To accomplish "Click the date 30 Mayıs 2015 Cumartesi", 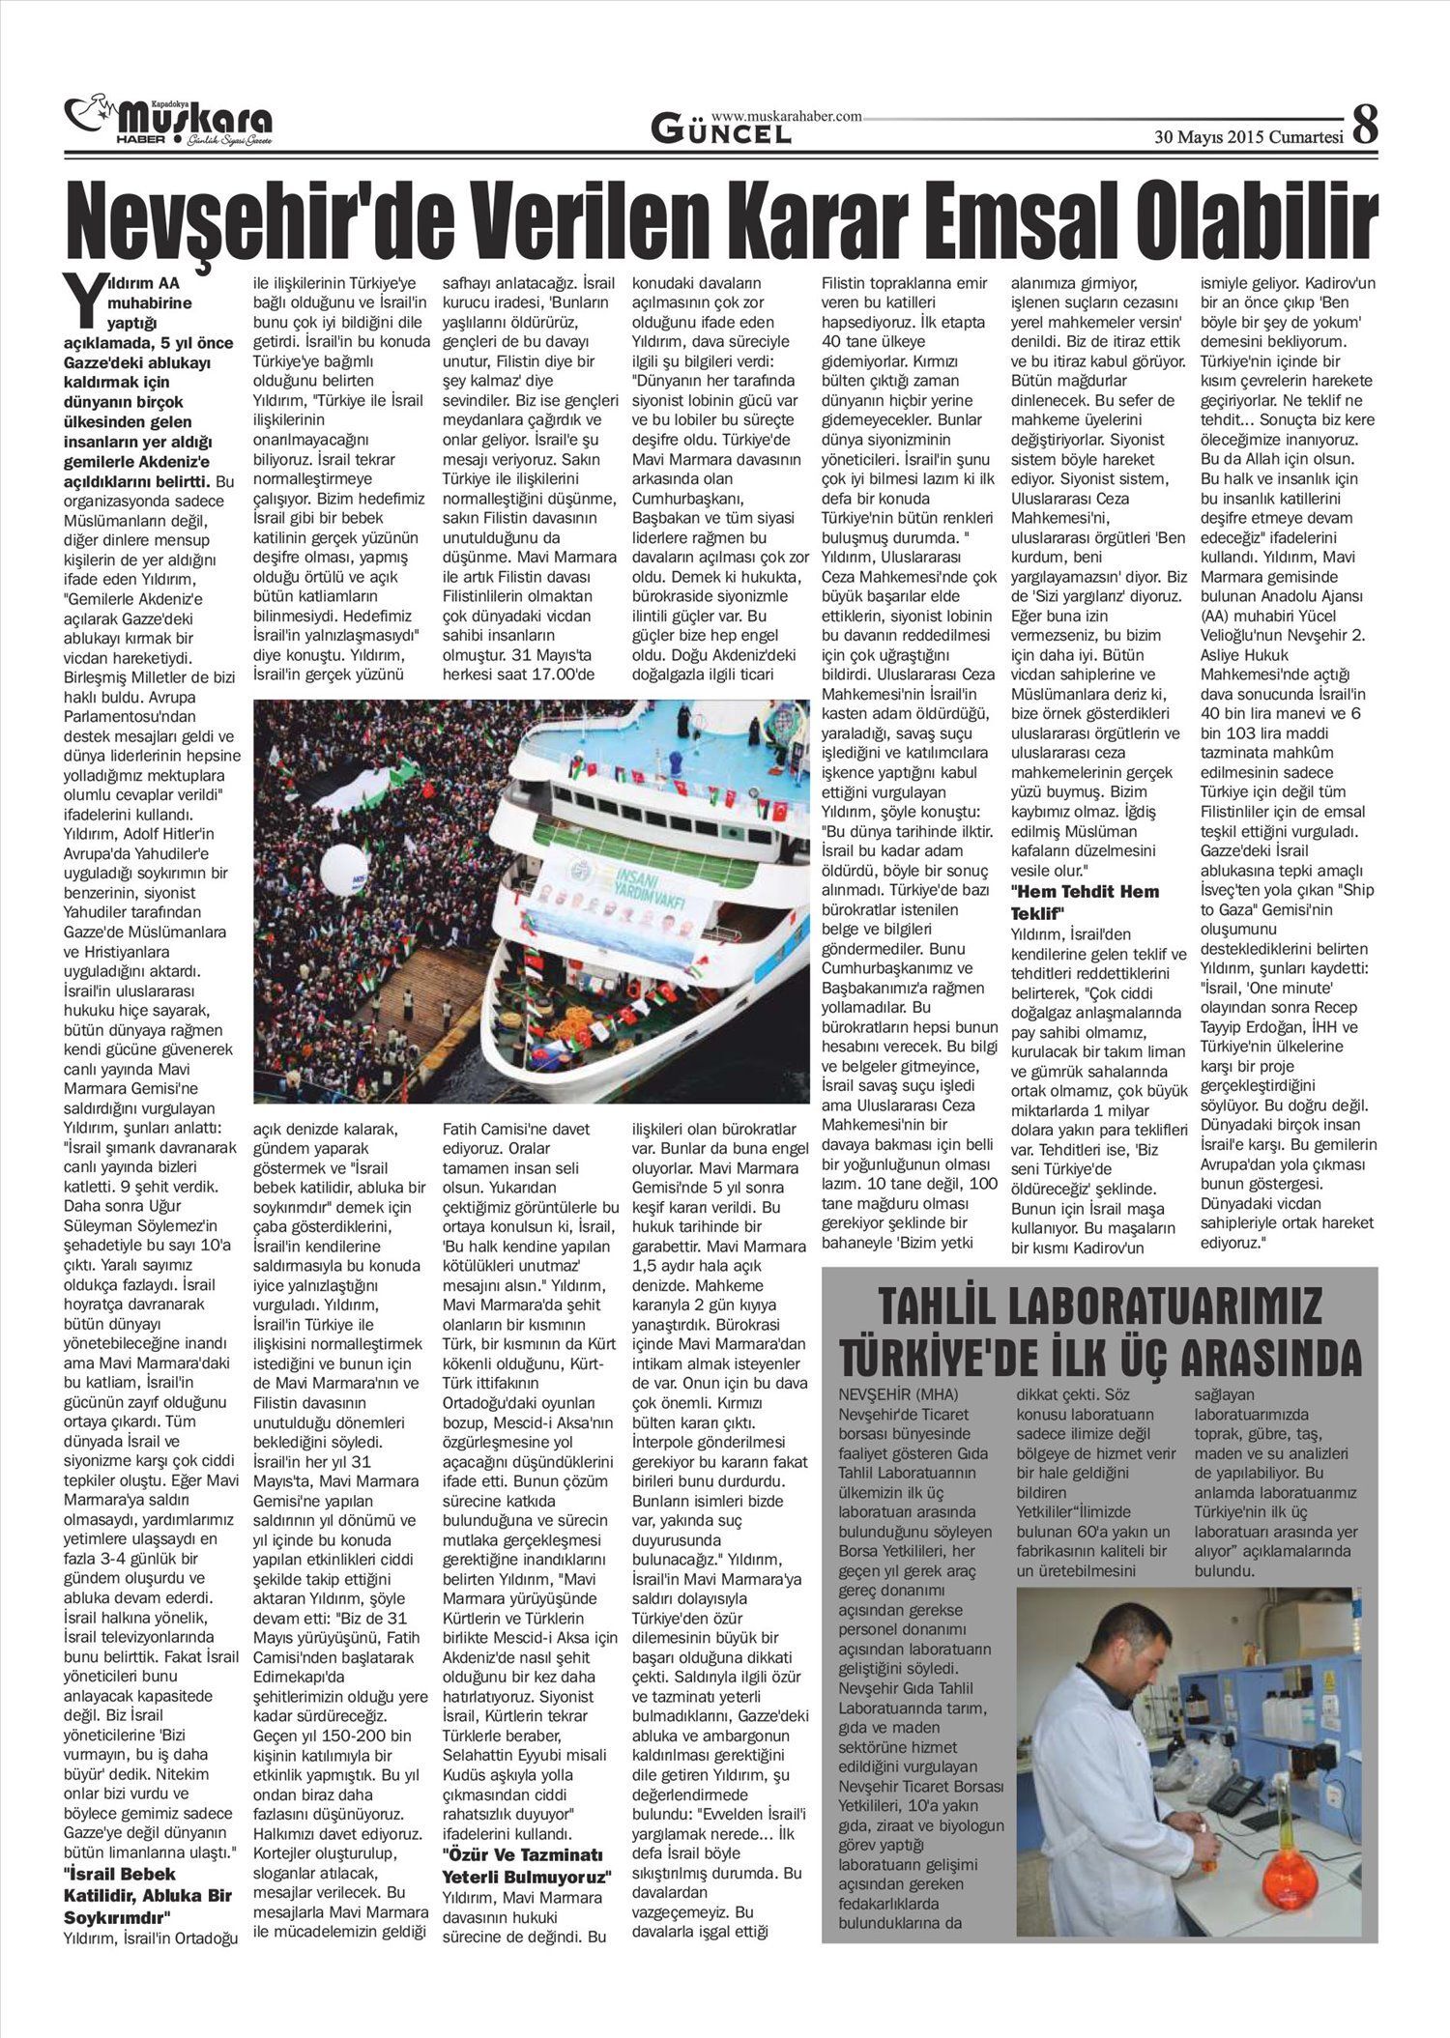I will pyautogui.click(x=1250, y=136).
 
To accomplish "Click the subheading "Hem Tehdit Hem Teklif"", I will pyautogui.click(x=1085, y=902).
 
